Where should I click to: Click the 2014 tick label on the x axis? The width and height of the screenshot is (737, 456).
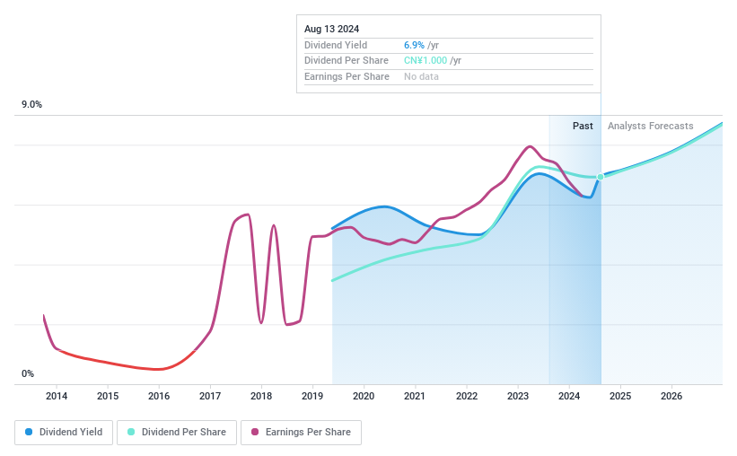[x=57, y=396]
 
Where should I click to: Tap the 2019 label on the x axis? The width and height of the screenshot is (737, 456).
[x=312, y=396]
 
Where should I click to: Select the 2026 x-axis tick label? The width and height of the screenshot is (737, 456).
[x=671, y=396]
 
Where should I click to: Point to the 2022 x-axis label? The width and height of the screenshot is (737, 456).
[x=466, y=396]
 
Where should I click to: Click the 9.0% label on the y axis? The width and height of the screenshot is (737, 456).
[x=32, y=105]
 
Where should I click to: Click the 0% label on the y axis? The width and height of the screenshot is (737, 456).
[x=28, y=373]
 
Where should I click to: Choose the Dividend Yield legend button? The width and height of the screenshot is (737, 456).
[x=64, y=432]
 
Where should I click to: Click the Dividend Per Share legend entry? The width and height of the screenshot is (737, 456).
[x=179, y=432]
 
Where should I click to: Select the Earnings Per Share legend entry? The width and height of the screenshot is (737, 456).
[x=301, y=432]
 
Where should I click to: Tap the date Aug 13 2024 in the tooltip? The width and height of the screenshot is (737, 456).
[x=331, y=29]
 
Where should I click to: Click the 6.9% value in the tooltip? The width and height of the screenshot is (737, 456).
[x=414, y=44]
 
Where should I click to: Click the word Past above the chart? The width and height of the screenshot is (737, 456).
[x=583, y=126]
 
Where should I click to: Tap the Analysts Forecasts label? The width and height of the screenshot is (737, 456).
[x=650, y=126]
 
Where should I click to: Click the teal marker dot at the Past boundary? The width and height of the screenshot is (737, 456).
[x=601, y=177]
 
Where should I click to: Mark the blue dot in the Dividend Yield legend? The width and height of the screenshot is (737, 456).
[x=30, y=432]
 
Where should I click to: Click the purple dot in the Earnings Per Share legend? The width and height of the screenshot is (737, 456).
[x=256, y=432]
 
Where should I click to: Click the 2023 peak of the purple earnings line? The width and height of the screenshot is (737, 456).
[x=530, y=146]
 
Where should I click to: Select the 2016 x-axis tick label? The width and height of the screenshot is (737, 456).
[x=159, y=396]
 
